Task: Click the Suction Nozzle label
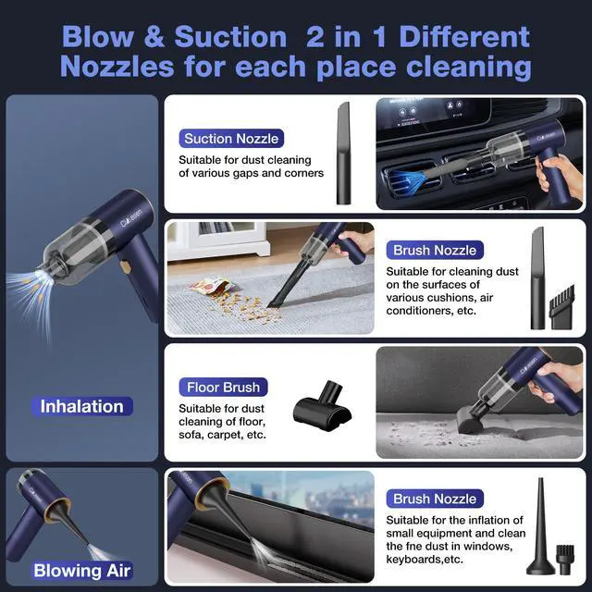click(x=231, y=139)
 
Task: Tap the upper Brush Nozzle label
click(x=435, y=250)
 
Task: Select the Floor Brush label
click(x=223, y=387)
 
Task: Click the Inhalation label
click(x=81, y=406)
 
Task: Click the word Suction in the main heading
click(x=229, y=37)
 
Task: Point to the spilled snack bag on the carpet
click(x=209, y=283)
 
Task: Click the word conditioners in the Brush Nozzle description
click(x=424, y=312)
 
